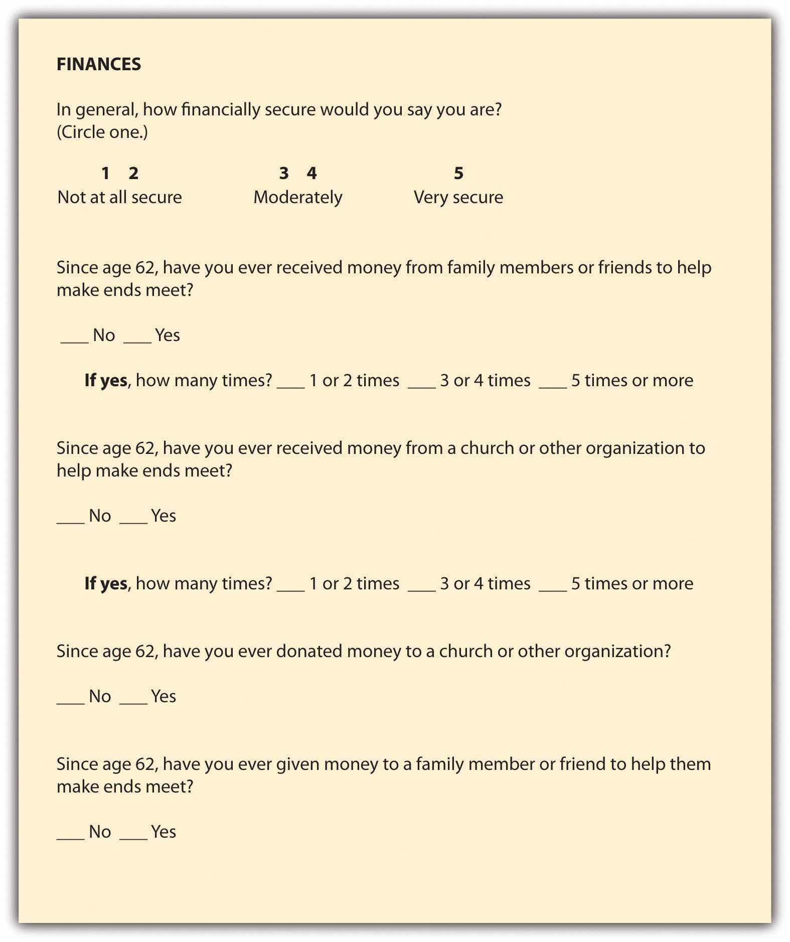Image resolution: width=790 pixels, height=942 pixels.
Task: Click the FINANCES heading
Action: click(99, 64)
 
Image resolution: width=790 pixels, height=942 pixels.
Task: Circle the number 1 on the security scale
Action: click(105, 174)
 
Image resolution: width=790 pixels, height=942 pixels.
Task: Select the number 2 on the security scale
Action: click(133, 174)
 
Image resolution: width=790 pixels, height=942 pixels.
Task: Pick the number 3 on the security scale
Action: click(284, 174)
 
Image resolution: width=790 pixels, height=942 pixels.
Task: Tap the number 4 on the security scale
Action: click(312, 174)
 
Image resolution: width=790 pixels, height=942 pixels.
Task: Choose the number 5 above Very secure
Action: click(458, 174)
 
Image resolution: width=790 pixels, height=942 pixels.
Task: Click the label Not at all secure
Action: click(119, 197)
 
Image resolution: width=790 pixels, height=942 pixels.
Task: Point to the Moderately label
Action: click(298, 197)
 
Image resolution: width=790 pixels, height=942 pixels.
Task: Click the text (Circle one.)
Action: click(102, 132)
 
